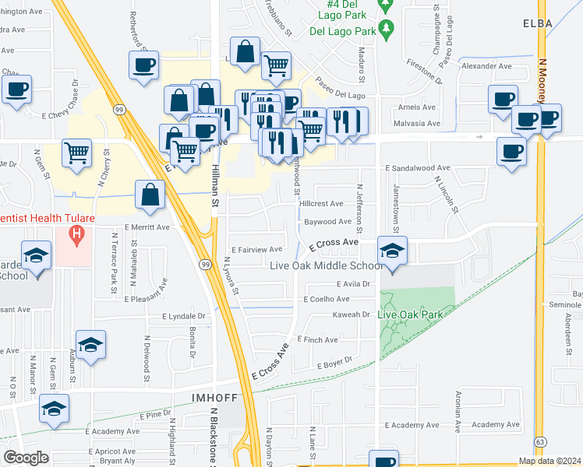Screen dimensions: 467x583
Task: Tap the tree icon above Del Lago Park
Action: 383,30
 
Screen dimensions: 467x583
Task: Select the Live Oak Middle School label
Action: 326,265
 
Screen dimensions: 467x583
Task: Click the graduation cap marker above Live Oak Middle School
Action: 392,251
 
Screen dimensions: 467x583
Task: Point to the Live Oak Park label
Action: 410,314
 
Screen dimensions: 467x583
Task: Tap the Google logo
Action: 26,458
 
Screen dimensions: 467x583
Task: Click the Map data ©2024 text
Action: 549,461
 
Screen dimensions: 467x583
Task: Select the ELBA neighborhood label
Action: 539,23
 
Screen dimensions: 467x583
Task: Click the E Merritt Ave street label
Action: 147,227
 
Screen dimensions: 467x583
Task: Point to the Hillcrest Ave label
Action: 322,204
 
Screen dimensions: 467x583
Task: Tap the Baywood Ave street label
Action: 327,222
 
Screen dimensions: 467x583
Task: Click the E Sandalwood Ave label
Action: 418,168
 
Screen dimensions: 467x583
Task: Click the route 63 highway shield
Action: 539,442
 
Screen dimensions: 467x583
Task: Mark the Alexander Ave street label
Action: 486,67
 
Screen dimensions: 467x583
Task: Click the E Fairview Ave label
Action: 257,250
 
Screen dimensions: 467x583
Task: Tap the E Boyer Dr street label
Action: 334,362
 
